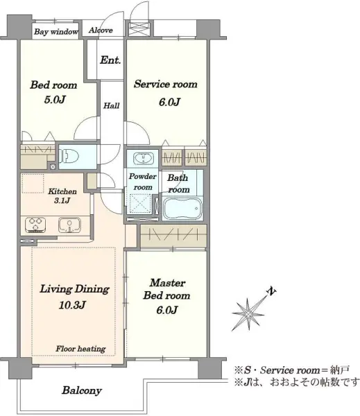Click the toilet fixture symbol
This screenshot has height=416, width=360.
click(x=69, y=156)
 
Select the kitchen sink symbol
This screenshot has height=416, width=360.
click(x=69, y=225)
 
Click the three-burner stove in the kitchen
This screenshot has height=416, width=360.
click(x=35, y=225)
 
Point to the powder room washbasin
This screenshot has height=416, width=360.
click(x=144, y=159)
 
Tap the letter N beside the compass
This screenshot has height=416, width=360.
click(x=271, y=291)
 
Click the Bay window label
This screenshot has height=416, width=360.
click(x=56, y=32)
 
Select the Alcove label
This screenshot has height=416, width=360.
click(x=101, y=31)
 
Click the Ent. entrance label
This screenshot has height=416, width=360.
click(x=110, y=60)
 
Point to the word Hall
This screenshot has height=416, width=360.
click(x=111, y=106)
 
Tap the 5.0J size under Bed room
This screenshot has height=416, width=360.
click(x=55, y=99)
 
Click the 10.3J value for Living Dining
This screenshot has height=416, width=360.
click(x=72, y=305)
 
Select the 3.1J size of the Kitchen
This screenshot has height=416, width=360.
click(x=62, y=200)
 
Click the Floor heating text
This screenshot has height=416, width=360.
click(x=80, y=349)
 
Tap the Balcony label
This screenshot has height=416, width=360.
click(x=82, y=390)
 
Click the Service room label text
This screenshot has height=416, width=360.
click(x=166, y=84)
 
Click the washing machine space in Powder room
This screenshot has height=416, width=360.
click(x=140, y=204)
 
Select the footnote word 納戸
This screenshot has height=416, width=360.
click(x=340, y=370)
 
